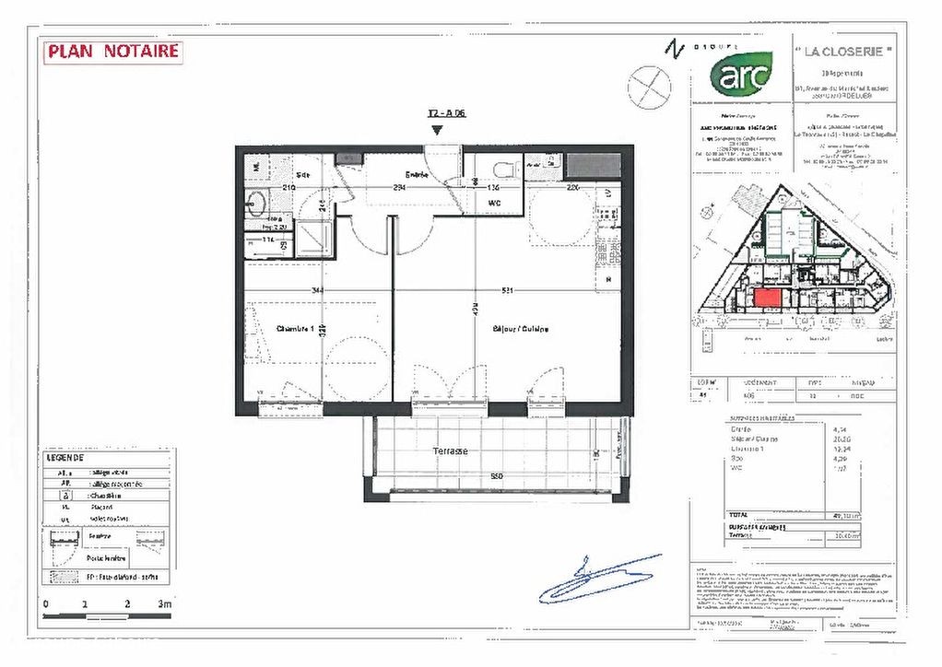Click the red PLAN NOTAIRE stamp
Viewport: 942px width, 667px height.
(x=112, y=52)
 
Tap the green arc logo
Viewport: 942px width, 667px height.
(x=741, y=74)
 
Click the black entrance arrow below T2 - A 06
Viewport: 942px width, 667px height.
(x=437, y=131)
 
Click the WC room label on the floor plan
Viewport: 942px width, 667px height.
(x=494, y=202)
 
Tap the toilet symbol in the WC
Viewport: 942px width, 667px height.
(x=501, y=170)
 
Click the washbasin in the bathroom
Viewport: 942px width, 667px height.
(x=255, y=202)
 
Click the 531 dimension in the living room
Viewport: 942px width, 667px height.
(x=507, y=290)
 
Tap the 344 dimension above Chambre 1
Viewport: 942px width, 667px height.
(x=318, y=290)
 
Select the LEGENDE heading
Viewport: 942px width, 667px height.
(x=65, y=457)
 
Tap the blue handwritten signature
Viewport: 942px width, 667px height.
(x=599, y=580)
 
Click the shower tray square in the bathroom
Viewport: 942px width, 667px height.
(x=314, y=239)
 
